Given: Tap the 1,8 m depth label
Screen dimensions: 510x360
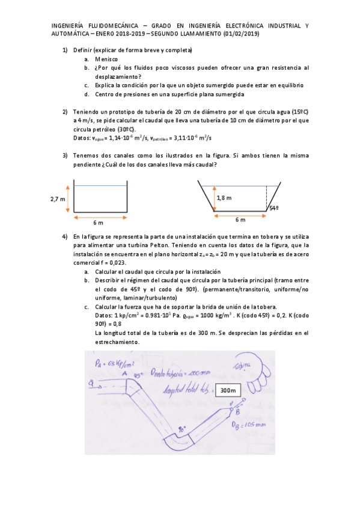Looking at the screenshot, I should coord(224,197).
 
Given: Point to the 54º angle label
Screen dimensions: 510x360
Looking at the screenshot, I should coord(274,208).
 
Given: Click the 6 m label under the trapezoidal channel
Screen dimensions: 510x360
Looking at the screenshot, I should coord(240,220).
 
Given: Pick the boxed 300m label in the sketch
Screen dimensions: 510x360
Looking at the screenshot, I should coord(228,390).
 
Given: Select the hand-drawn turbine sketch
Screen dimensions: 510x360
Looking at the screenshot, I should coord(251,374).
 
